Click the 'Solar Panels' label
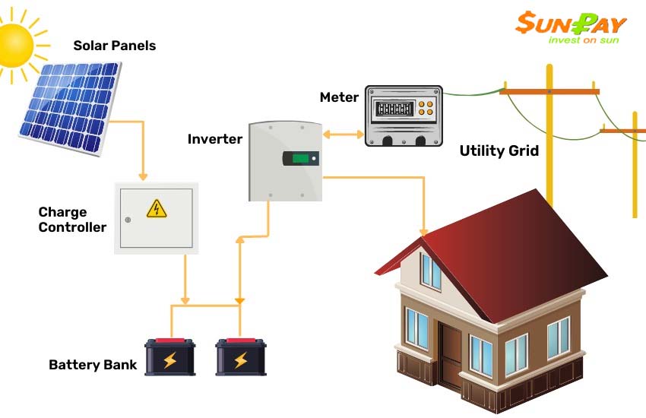[x=115, y=46]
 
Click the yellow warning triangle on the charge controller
[x=157, y=208]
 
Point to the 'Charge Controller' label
[x=72, y=220]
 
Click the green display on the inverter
[x=300, y=158]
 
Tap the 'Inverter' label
[x=214, y=139]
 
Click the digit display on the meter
[x=394, y=109]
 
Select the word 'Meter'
[x=339, y=97]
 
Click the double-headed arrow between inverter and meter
[x=344, y=135]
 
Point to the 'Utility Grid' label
[x=499, y=150]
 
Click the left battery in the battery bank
[x=170, y=356]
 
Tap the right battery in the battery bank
[x=241, y=356]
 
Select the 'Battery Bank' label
[x=93, y=365]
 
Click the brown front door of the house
[x=451, y=355]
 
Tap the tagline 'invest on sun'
[x=584, y=40]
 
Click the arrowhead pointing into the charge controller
[x=143, y=176]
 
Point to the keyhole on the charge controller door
[x=128, y=220]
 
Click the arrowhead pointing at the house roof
[x=423, y=233]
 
